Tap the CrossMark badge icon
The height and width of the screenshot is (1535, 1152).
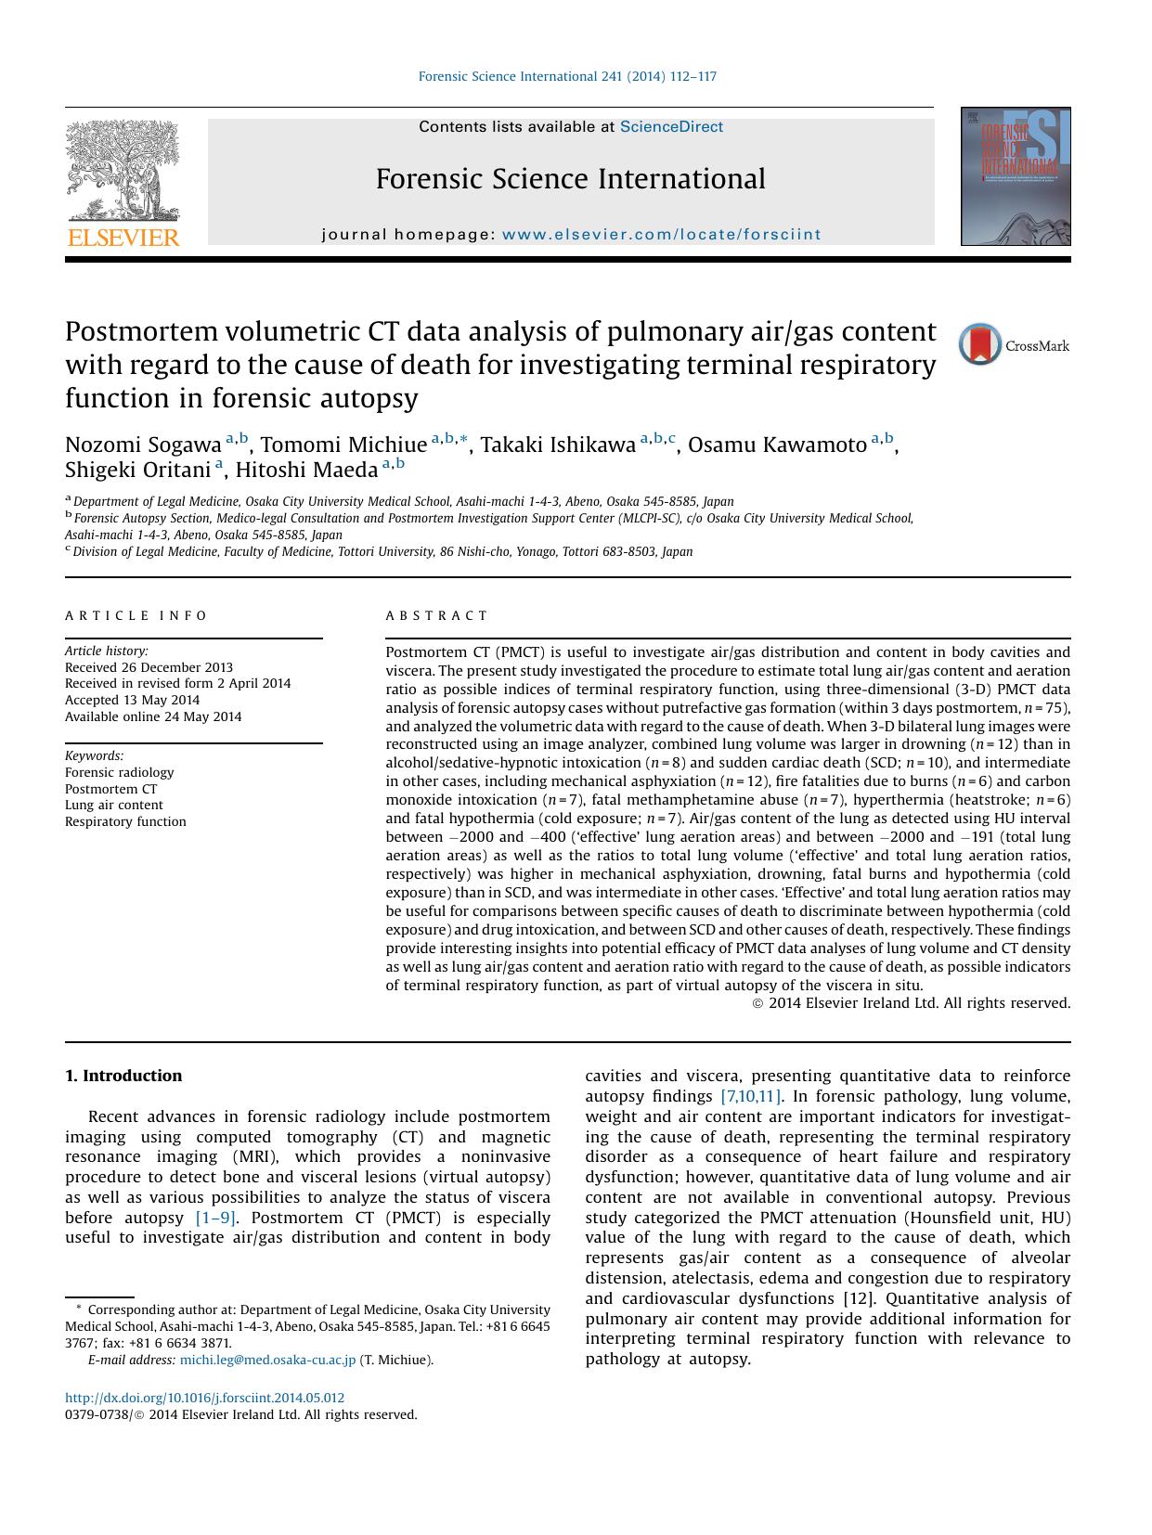click(x=979, y=344)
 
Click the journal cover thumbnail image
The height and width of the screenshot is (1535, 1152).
click(x=1015, y=176)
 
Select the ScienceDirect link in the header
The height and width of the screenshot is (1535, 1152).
click(x=671, y=127)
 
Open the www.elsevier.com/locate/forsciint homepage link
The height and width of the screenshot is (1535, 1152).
click(x=661, y=235)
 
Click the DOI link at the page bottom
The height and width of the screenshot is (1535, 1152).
click(x=204, y=1398)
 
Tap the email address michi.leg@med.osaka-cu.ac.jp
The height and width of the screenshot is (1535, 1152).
click(x=267, y=1361)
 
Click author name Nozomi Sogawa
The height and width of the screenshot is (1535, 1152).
click(x=143, y=445)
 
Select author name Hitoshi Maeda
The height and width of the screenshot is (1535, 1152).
click(x=306, y=470)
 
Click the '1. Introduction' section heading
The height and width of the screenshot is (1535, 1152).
click(x=123, y=1076)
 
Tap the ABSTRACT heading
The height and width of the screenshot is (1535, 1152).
click(x=436, y=615)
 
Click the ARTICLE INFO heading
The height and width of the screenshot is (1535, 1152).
click(x=136, y=615)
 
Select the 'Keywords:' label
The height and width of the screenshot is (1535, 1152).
click(x=94, y=755)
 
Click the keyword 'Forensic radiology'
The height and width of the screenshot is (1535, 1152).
click(x=119, y=772)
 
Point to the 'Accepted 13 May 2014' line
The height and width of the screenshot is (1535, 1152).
click(x=132, y=700)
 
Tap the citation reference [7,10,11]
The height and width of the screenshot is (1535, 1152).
click(x=751, y=1096)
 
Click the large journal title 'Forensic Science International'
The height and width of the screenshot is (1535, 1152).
click(x=570, y=179)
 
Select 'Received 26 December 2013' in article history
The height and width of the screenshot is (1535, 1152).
click(x=149, y=667)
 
